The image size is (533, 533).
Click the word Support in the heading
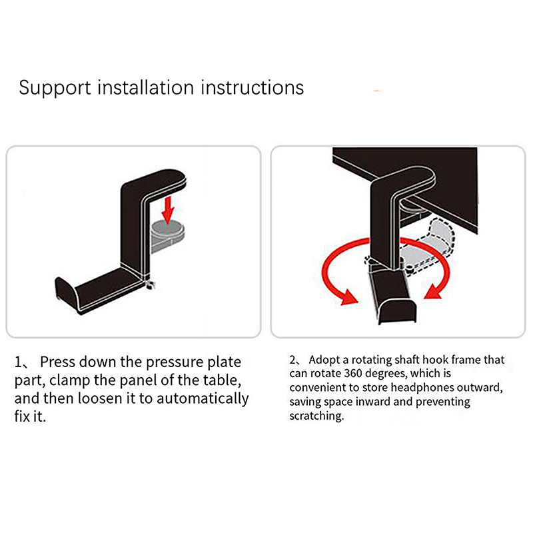(x=55, y=89)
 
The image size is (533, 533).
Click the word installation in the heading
(x=146, y=87)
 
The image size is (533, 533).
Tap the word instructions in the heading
(x=253, y=87)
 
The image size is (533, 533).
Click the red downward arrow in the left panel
(x=168, y=211)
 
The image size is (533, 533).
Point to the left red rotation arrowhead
(x=349, y=297)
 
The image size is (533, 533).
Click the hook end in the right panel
(x=397, y=311)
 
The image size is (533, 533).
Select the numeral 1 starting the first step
(x=18, y=362)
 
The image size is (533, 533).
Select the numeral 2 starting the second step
(x=292, y=360)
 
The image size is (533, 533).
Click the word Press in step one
(x=57, y=362)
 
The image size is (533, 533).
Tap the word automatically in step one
(x=203, y=398)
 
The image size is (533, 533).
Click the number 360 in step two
(x=354, y=374)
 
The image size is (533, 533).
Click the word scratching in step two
(x=316, y=416)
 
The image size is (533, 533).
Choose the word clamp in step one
(x=70, y=380)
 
